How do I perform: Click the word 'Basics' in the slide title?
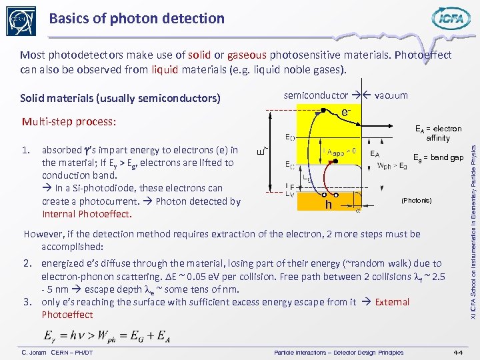click(x=70, y=19)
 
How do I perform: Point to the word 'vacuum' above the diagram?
click(x=391, y=95)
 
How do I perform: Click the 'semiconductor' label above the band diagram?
click(x=315, y=95)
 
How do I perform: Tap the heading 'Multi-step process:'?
click(x=69, y=122)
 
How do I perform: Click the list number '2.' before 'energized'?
click(x=29, y=263)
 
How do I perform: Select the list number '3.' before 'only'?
click(x=29, y=302)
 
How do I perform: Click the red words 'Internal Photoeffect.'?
click(x=87, y=214)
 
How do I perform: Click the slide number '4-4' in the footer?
click(x=458, y=352)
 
